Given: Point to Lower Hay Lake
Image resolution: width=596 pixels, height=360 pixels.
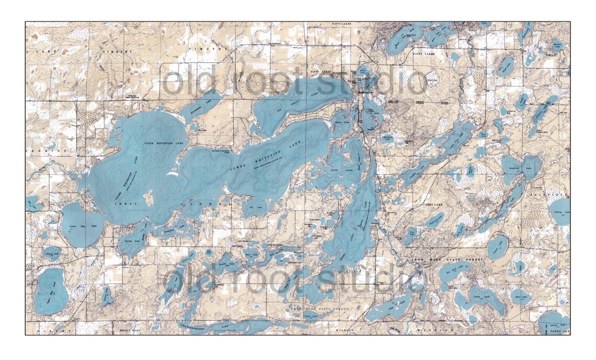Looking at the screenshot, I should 79,226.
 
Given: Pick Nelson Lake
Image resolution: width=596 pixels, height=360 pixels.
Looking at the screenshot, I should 52,253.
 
